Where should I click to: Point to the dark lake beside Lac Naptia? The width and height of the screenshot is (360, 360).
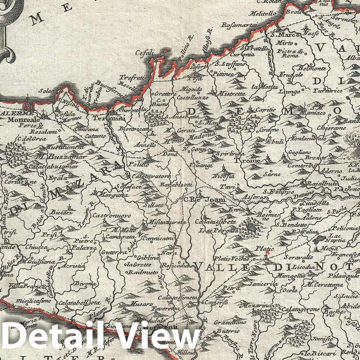pos(319,239)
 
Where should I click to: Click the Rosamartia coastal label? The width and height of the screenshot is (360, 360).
pos(239,25)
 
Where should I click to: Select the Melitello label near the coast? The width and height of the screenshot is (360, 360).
pos(266,14)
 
